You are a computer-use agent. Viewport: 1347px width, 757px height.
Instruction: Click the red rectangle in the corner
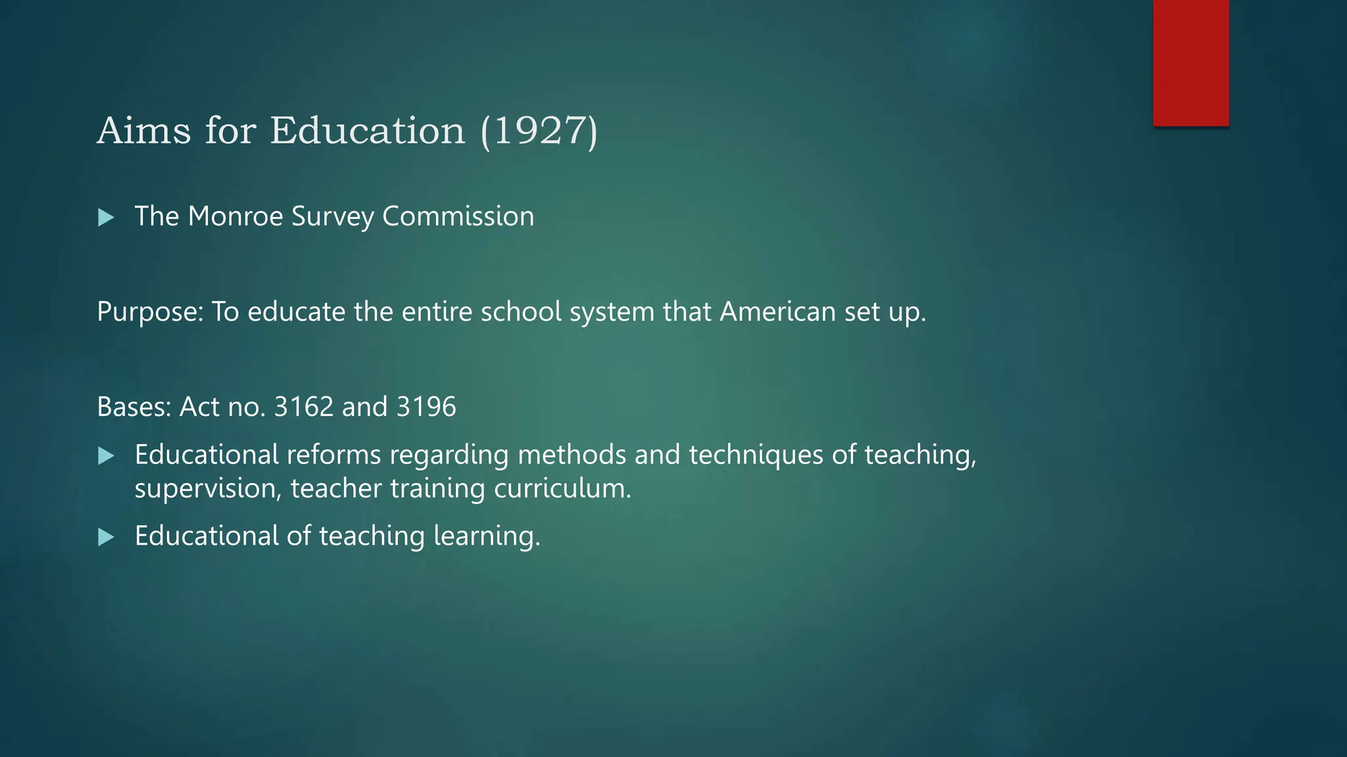(1190, 62)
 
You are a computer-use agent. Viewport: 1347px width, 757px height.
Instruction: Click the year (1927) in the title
(539, 130)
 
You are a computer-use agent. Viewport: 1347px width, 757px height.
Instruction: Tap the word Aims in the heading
(144, 130)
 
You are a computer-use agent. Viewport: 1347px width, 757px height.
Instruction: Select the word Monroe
(235, 216)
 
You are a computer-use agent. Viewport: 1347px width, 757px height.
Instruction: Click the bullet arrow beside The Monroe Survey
(106, 218)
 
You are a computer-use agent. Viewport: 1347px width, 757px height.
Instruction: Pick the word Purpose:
(150, 311)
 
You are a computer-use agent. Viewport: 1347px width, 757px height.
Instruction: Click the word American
(777, 311)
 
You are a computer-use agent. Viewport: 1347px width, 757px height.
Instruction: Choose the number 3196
(426, 407)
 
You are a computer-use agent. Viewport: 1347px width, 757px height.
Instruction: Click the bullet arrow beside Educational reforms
(106, 456)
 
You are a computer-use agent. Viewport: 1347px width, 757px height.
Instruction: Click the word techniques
(756, 455)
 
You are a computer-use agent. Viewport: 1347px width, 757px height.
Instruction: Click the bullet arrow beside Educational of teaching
(106, 538)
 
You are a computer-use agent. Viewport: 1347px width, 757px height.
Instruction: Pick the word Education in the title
(367, 130)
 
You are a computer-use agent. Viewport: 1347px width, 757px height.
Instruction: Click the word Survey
(333, 216)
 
